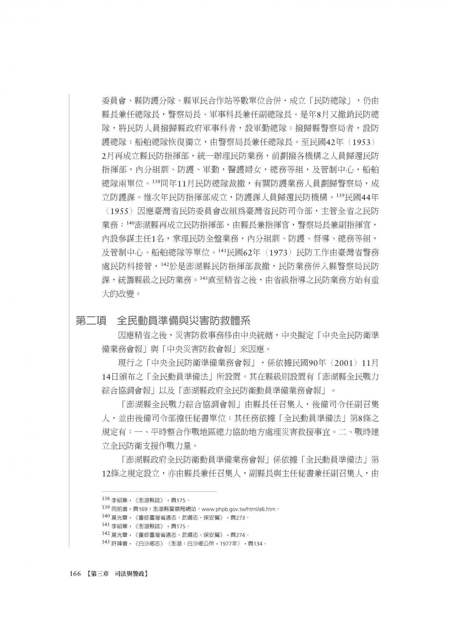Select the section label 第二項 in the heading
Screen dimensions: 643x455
(x=91, y=321)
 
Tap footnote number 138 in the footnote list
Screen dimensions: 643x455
(x=105, y=500)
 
